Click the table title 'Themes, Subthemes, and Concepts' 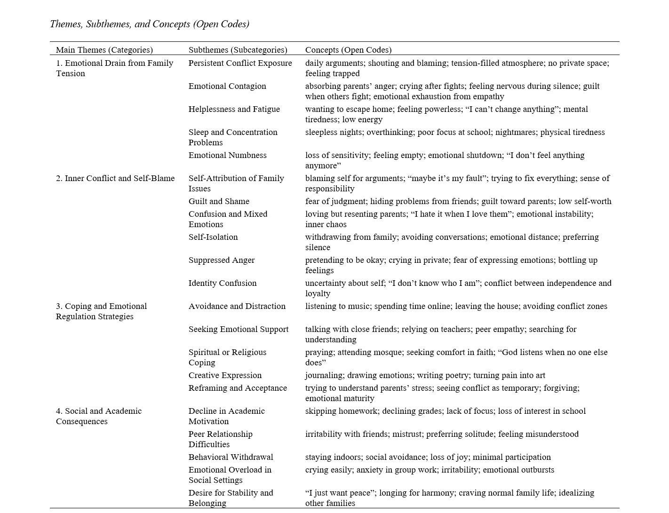click(x=149, y=24)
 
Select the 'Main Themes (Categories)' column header click(x=104, y=50)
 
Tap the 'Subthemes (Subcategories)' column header click(x=238, y=50)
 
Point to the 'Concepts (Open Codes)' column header click(x=348, y=50)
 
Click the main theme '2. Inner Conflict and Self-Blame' click(x=115, y=178)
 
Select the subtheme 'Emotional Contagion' click(x=227, y=86)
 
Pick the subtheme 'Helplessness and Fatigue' click(x=234, y=109)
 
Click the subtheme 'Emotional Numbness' click(x=227, y=155)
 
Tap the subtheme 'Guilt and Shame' click(x=219, y=201)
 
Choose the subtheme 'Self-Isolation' click(x=213, y=237)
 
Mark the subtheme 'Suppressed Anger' click(x=221, y=260)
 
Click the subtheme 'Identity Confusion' click(x=223, y=283)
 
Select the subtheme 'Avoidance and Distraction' click(x=237, y=306)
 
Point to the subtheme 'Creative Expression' click(x=225, y=375)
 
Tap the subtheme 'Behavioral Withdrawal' click(x=231, y=457)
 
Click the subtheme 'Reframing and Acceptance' click(x=238, y=388)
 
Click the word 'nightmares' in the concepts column click(x=515, y=132)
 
